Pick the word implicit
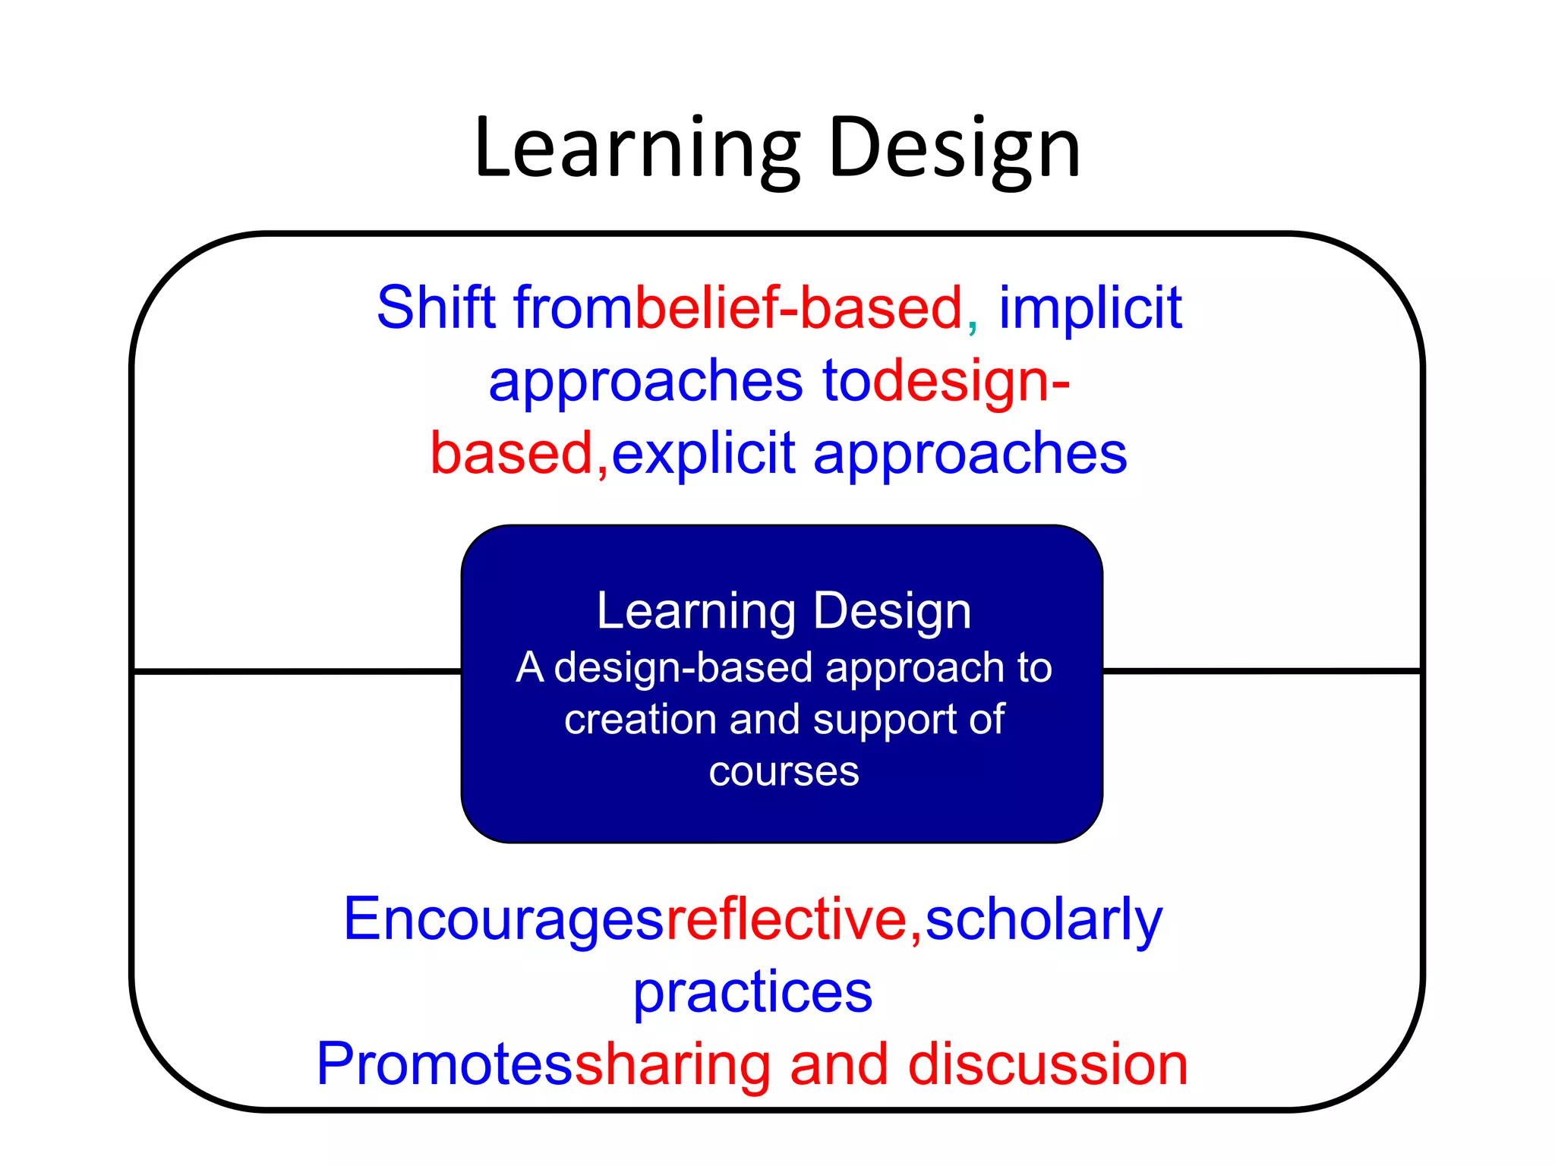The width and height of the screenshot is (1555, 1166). coord(1090,307)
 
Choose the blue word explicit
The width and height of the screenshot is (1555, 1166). coord(703,454)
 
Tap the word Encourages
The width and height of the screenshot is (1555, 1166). coord(503,919)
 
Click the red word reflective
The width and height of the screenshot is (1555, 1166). coord(787,919)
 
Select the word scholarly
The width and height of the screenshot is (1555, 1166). coord(1043,919)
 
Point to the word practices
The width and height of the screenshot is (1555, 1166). coord(752,992)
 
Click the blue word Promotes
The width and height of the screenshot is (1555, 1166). coord(445,1064)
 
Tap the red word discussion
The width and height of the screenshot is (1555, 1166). coord(1048,1064)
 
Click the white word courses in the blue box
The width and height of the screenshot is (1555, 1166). coord(784,772)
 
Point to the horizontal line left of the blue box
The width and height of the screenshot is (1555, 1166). coord(296,671)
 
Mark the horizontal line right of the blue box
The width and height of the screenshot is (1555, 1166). coord(1260,671)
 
